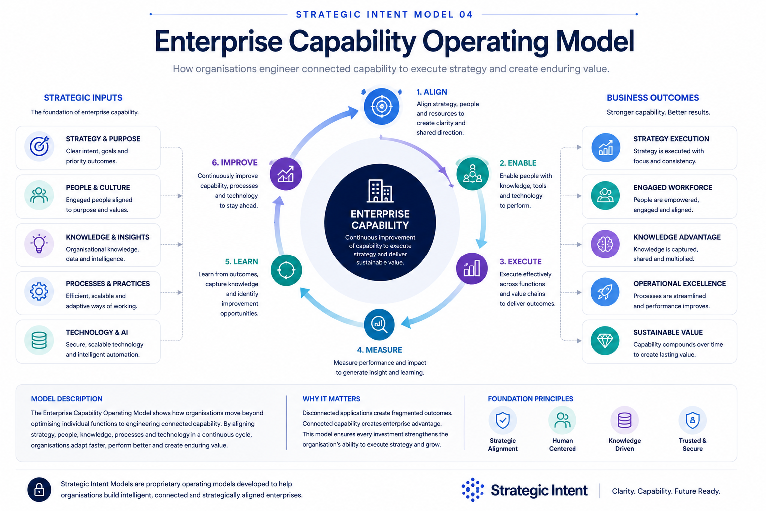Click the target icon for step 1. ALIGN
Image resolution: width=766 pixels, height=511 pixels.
point(382,106)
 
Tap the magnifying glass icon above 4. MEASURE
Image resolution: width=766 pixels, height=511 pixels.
point(379,324)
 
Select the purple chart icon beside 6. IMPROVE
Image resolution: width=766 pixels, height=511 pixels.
point(286,174)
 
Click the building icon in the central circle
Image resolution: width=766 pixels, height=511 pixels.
point(380,190)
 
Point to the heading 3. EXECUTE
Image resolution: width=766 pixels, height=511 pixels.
point(520,262)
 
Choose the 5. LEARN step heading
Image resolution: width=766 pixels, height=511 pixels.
point(241,262)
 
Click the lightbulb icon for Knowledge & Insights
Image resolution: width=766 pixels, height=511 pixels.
point(39,244)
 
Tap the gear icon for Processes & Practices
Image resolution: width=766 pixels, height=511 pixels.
point(39,291)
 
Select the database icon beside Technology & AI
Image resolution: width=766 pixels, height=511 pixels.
point(39,340)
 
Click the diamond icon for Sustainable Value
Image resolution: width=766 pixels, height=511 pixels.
point(605,340)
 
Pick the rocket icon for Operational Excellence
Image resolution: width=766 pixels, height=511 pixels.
point(605,292)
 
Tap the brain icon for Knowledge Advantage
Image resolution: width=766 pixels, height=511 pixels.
point(605,244)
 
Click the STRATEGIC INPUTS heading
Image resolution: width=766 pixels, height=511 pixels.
point(83,98)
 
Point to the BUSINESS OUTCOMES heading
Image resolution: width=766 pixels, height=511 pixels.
point(653,98)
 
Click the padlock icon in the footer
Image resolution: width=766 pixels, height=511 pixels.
point(39,490)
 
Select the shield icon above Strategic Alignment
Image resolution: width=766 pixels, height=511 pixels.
point(502,420)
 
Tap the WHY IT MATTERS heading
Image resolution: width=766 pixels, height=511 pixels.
point(331,399)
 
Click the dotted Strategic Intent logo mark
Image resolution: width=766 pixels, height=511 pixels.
point(473,490)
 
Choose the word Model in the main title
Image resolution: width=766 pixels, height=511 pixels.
point(594,41)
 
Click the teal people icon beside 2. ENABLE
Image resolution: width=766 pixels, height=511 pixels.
point(472,174)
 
